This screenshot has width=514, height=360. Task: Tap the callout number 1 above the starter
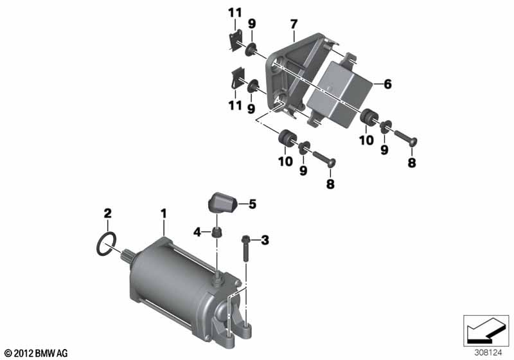point(163,214)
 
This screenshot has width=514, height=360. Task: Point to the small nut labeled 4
point(217,232)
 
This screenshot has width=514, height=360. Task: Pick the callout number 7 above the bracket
point(294,24)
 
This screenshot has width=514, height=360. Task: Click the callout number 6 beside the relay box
point(388,84)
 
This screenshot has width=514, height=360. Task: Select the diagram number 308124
point(488,353)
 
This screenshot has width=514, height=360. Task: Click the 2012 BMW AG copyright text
point(37,353)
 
